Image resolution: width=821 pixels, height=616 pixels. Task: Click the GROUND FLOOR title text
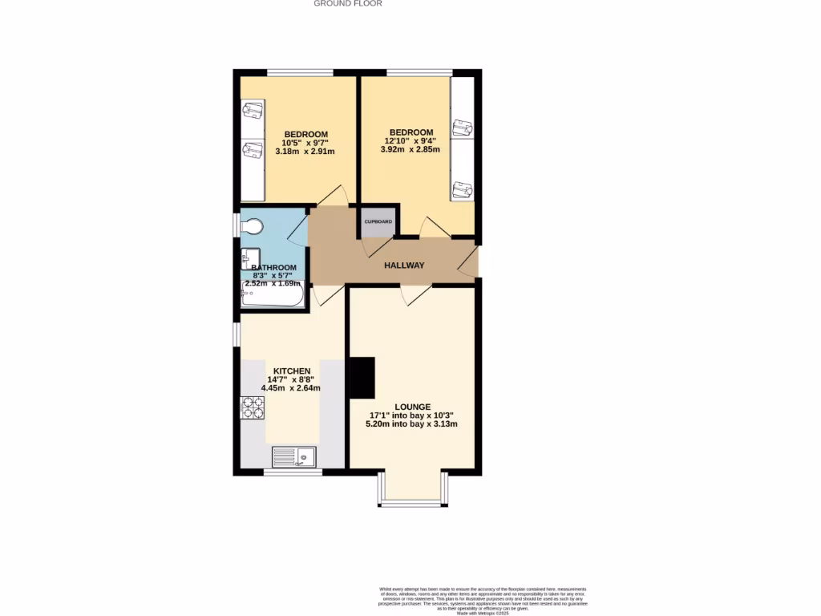pos(347,4)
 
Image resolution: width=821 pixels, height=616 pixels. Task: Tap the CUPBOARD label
pos(378,221)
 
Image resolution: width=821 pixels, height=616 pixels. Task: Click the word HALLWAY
pos(404,265)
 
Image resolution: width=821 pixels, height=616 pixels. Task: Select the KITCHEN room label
pos(292,371)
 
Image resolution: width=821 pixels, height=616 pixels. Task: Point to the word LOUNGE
pos(412,407)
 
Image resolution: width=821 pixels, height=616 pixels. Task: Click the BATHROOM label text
pos(274,268)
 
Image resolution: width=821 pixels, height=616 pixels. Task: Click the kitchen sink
pos(294,456)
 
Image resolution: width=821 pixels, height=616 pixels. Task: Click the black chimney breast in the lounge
pos(362,378)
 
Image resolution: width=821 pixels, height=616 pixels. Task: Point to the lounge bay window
pos(410,503)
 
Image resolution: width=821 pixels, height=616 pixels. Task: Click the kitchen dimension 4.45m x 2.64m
pos(291,388)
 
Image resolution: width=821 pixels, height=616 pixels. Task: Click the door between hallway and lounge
pos(416,294)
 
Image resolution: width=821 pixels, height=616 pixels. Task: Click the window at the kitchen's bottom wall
pos(293,472)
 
